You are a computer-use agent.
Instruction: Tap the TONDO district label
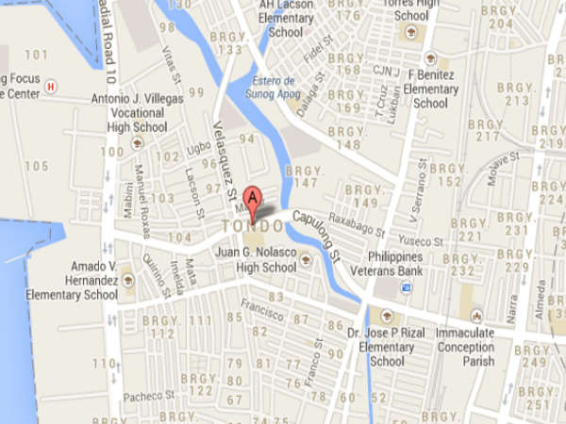point(252,228)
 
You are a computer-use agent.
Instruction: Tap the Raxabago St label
point(354,226)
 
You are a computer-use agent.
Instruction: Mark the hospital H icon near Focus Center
point(50,85)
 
